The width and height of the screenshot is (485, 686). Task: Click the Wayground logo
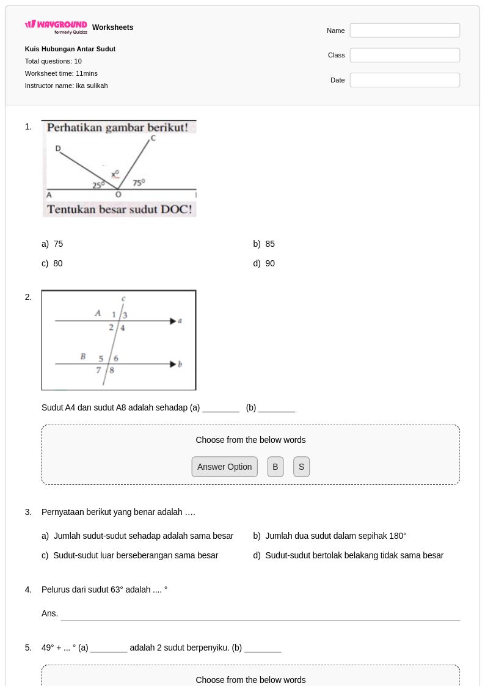(x=56, y=27)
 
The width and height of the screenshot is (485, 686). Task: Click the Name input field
(x=404, y=31)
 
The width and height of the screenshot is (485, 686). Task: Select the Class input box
(x=404, y=55)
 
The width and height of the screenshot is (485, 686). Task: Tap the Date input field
(x=404, y=80)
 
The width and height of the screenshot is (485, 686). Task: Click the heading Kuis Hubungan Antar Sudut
(x=70, y=49)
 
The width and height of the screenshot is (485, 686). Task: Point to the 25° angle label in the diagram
(x=98, y=185)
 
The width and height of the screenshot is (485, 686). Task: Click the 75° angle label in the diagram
(x=139, y=183)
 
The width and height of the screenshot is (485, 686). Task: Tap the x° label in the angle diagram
(x=115, y=174)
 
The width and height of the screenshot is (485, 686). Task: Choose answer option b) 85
(x=264, y=244)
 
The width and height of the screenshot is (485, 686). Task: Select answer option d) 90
(x=264, y=263)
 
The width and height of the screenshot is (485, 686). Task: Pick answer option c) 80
(x=52, y=263)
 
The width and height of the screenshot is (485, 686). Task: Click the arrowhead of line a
(x=173, y=321)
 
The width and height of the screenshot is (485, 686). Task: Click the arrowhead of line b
(x=173, y=364)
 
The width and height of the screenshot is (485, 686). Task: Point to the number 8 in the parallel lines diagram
(x=112, y=370)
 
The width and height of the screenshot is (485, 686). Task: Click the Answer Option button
(x=224, y=467)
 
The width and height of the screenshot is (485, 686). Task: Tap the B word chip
(x=275, y=467)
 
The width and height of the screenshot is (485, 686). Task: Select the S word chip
(x=301, y=467)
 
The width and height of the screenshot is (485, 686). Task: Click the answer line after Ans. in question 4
(x=260, y=620)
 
